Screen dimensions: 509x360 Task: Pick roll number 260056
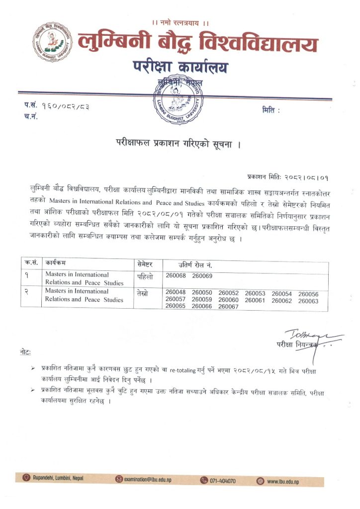tap(308, 294)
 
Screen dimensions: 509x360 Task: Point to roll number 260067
tap(229, 307)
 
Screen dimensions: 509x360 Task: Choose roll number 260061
tap(255, 300)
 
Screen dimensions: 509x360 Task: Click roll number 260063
tap(308, 300)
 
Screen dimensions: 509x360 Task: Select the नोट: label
tap(25, 352)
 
